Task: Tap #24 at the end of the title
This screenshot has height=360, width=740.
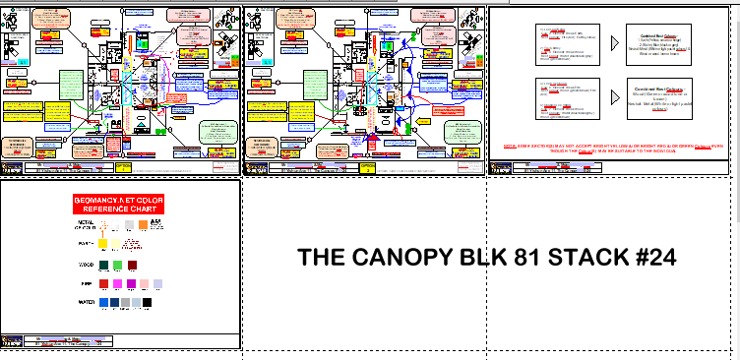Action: (652, 258)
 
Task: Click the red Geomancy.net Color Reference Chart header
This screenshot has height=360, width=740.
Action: (119, 205)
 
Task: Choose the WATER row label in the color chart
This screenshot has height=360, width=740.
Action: (86, 302)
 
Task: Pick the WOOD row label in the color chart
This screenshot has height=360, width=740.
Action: (86, 266)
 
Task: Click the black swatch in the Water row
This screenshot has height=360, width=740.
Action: (148, 303)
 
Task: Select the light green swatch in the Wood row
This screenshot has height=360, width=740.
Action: (118, 266)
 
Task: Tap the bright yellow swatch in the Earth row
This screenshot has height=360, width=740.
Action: (103, 243)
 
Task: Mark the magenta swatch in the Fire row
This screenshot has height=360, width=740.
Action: (117, 283)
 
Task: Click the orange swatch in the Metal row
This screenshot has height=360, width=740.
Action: (143, 224)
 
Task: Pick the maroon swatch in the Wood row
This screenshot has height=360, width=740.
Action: (132, 266)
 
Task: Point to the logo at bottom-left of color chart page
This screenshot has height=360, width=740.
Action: (12, 341)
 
